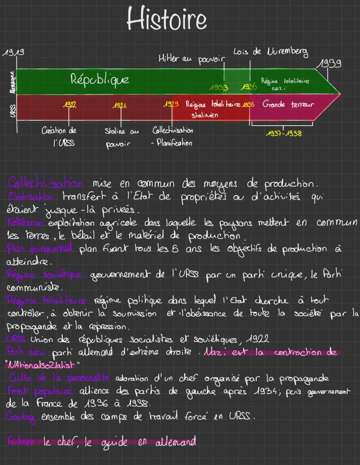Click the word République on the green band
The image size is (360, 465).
click(x=100, y=80)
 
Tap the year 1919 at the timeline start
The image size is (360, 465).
click(x=13, y=53)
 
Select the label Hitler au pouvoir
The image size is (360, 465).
click(x=191, y=60)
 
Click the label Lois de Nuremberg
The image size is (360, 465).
click(x=270, y=52)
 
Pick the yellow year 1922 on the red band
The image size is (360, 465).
click(x=69, y=105)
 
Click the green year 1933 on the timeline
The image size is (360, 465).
click(x=219, y=88)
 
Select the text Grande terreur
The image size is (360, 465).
click(x=288, y=105)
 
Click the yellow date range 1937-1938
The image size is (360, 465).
click(x=283, y=133)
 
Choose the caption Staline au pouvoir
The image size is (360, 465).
click(x=121, y=137)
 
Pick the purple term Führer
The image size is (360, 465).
click(x=20, y=442)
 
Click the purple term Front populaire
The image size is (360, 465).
click(x=29, y=391)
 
